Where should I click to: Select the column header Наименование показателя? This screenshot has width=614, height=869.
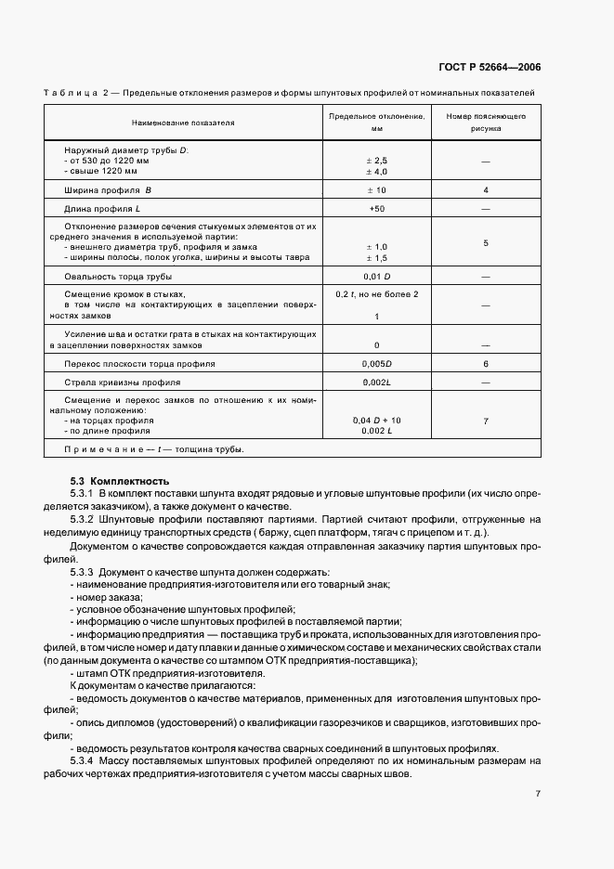(x=183, y=123)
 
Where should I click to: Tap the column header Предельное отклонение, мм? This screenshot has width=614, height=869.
(x=376, y=123)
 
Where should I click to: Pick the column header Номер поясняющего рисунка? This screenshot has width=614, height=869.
(x=486, y=123)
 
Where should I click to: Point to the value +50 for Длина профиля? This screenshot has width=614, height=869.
(x=376, y=208)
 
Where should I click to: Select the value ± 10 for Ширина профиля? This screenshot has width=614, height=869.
(x=376, y=189)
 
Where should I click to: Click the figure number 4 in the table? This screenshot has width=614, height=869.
(x=486, y=189)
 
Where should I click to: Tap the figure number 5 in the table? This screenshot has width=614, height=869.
(x=486, y=243)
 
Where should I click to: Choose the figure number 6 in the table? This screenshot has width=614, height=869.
(x=486, y=363)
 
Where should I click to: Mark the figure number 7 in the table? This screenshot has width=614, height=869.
(x=486, y=422)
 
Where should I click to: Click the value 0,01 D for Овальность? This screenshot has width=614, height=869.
(x=376, y=277)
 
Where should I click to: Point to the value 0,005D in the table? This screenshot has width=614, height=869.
(x=376, y=363)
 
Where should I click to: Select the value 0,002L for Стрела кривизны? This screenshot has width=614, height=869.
(x=376, y=382)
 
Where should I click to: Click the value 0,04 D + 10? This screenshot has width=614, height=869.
(x=376, y=421)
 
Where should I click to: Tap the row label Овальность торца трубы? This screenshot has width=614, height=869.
(x=118, y=277)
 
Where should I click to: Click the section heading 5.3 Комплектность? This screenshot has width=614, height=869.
(x=120, y=481)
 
